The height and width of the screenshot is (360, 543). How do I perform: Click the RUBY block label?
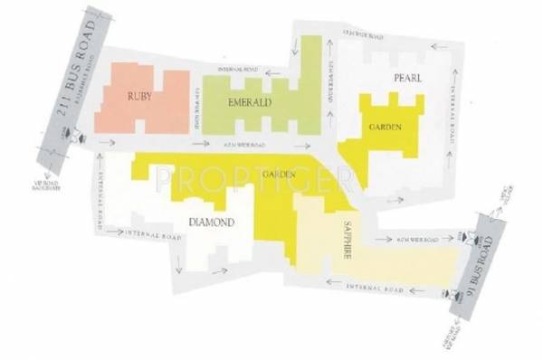click(139, 96)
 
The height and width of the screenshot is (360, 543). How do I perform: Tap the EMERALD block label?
click(251, 103)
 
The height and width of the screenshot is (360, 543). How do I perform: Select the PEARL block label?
click(407, 79)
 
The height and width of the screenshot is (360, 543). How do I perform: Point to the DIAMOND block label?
click(212, 222)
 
